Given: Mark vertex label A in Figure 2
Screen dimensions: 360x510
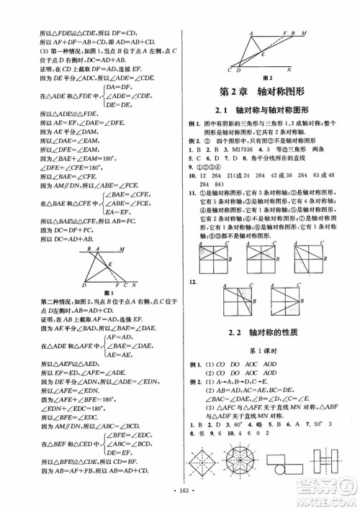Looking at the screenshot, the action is click(251, 34).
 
